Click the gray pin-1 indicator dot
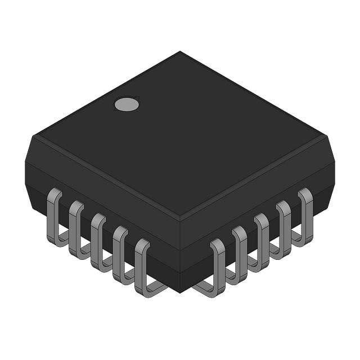point(127,104)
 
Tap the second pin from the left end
point(76,228)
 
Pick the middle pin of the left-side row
point(98,241)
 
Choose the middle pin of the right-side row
point(262,241)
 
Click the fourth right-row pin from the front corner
point(283,228)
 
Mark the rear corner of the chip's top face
point(180,52)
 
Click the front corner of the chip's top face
point(180,217)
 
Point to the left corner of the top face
point(35,135)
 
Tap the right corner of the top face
point(325,135)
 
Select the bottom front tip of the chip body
point(180,291)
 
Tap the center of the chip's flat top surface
point(180,135)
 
